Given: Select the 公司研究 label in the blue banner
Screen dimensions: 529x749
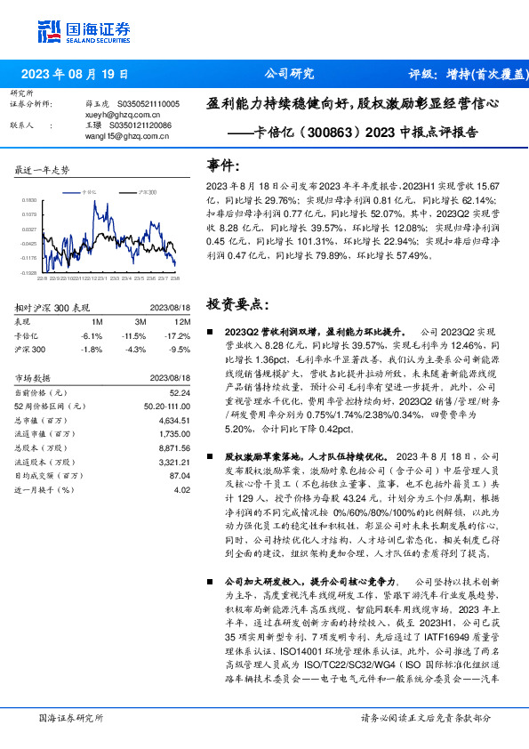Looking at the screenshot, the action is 290,74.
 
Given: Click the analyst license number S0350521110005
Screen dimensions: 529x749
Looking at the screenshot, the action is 145,104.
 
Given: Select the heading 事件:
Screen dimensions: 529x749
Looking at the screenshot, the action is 223,165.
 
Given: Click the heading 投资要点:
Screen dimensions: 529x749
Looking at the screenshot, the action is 235,302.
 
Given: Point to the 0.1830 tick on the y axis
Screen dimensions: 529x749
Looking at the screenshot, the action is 30,201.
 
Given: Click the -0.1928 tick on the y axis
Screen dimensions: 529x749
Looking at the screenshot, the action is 30,273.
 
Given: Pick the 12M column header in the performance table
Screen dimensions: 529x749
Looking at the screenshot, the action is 183,320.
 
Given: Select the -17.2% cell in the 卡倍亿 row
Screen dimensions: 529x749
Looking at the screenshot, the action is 179,335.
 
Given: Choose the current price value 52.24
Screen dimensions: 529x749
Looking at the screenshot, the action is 180,392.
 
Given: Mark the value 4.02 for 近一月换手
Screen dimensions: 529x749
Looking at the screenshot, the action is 182,489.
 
